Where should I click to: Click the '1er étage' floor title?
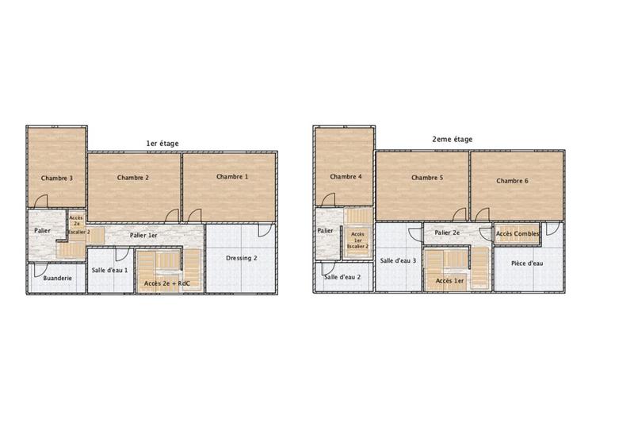[x=162, y=143]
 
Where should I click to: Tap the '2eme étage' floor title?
[x=452, y=139]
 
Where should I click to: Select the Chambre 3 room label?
[x=57, y=178]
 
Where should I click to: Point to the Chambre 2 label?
[x=133, y=178]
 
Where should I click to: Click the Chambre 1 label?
[x=232, y=176]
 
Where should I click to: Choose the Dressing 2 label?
[x=240, y=258]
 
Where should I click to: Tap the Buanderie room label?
[x=57, y=278]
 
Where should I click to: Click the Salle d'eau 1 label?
[x=109, y=271]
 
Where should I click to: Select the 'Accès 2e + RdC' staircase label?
[x=166, y=283]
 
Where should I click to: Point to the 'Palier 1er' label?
[x=144, y=235]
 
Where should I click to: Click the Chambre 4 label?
[x=346, y=176]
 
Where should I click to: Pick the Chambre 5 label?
[x=427, y=178]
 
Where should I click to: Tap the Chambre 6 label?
[x=513, y=181]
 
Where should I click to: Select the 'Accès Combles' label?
[x=518, y=234]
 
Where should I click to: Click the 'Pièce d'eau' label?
[x=526, y=263]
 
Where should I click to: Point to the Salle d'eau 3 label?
[x=398, y=260]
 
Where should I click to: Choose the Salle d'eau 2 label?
[x=342, y=277]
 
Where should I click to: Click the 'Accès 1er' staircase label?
[x=449, y=281]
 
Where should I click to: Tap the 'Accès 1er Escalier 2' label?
[x=358, y=240]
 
